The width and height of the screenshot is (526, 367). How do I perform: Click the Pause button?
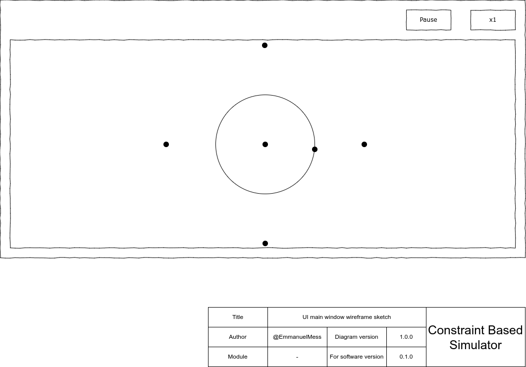[x=428, y=20]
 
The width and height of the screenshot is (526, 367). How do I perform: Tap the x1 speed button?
[x=492, y=20]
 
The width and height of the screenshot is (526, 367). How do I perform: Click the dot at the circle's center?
[x=265, y=144]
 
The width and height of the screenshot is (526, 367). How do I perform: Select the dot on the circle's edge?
[x=315, y=149]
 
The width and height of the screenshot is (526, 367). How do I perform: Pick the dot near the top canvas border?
[x=264, y=45]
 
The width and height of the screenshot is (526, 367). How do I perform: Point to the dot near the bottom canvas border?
[x=265, y=243]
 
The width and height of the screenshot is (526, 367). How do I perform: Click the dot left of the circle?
[x=166, y=144]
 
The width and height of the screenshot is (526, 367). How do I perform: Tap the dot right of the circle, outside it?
[x=364, y=144]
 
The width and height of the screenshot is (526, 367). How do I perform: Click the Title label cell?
[x=238, y=317]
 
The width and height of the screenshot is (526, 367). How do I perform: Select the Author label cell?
[x=238, y=337]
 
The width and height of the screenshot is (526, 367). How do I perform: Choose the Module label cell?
[x=238, y=357]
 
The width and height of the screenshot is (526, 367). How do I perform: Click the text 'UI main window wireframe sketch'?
[x=347, y=317]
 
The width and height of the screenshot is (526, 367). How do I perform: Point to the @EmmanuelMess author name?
[x=297, y=337]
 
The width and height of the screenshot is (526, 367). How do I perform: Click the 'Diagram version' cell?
[x=357, y=337]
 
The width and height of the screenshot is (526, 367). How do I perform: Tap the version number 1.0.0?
[x=406, y=337]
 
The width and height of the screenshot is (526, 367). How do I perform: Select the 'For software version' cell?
[x=357, y=357]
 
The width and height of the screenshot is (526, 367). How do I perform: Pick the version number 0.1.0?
[x=406, y=357]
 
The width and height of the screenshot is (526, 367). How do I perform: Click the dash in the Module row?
[x=297, y=357]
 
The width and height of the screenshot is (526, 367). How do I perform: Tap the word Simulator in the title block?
[x=475, y=345]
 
